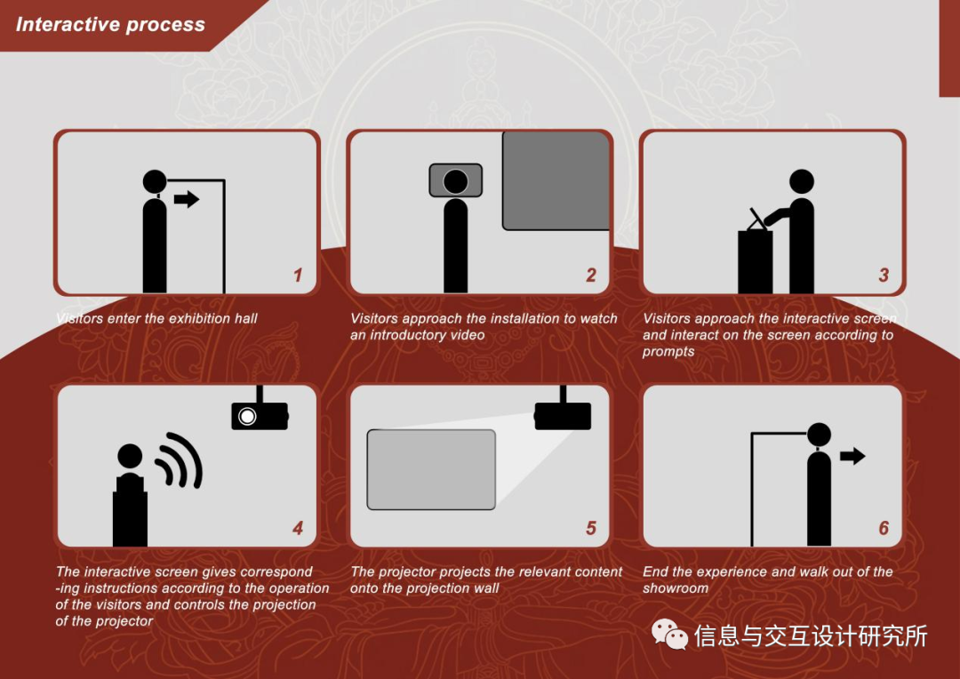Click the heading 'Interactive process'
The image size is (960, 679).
[x=110, y=25]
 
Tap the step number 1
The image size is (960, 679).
[x=298, y=275]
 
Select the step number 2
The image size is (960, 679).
[x=591, y=275]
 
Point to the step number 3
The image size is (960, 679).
[x=884, y=275]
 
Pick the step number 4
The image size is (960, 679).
[x=298, y=528]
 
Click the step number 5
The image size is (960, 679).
[x=591, y=528]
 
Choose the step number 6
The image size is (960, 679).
[x=884, y=528]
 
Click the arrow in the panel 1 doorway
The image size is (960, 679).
[x=187, y=199]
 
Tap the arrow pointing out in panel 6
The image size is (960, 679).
[x=852, y=456]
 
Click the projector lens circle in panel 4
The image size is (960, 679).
[x=247, y=416]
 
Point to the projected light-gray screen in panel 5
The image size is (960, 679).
[x=431, y=469]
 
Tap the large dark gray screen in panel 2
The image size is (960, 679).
[x=556, y=180]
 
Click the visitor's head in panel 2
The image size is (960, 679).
[x=455, y=181]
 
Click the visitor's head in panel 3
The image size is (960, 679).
[x=802, y=181]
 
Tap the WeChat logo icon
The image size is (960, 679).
[x=669, y=635]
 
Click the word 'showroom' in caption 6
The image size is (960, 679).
[x=676, y=588]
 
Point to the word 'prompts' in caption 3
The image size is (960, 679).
[x=668, y=352]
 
